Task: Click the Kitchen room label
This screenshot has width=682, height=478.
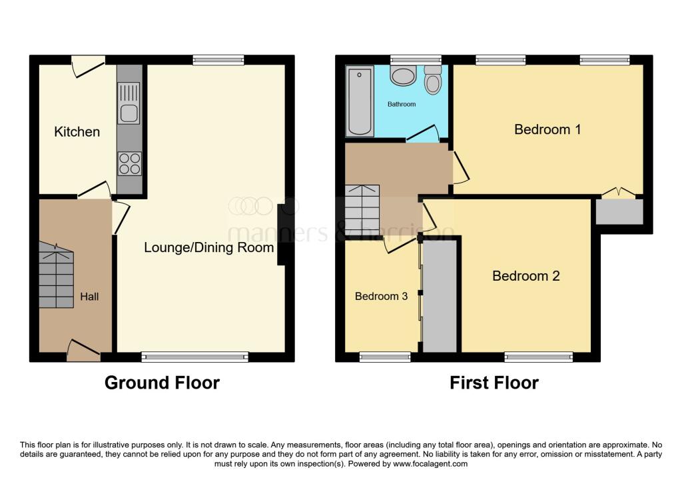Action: (x=77, y=131)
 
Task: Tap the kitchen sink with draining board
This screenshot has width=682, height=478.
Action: (x=129, y=102)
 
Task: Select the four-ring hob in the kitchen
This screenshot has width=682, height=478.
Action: (x=130, y=163)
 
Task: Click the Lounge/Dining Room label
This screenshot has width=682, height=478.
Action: (x=208, y=247)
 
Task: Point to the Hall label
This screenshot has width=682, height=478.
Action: (x=89, y=297)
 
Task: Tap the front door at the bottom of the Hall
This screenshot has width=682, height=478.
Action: (x=84, y=351)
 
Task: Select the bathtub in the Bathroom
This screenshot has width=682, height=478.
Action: (x=360, y=101)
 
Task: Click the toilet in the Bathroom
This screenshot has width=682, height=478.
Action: (x=433, y=80)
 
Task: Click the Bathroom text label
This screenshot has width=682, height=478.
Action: (x=402, y=104)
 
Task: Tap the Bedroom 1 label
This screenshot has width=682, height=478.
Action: (x=547, y=129)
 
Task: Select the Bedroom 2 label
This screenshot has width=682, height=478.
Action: (x=526, y=275)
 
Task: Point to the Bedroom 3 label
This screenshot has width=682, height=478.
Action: (x=381, y=296)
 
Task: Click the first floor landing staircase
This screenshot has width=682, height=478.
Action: (x=362, y=210)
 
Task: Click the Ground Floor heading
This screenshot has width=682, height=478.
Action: (x=163, y=383)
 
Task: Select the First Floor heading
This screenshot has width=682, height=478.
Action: (x=494, y=383)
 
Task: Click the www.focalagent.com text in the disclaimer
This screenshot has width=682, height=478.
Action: (x=430, y=463)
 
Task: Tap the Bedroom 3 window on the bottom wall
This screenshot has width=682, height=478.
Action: (x=385, y=357)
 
